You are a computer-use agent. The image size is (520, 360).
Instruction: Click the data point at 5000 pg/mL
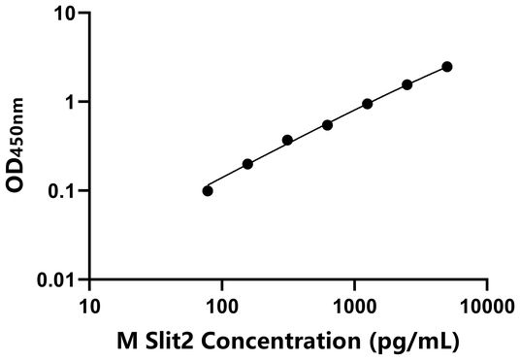coord(447,66)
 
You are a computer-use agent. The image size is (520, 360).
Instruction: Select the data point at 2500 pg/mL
coord(407,84)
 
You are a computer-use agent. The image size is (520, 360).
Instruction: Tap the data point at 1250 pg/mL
coord(368,104)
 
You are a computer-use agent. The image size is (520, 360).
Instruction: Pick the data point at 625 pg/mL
coord(328,124)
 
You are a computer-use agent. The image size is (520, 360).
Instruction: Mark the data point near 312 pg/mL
coord(287,140)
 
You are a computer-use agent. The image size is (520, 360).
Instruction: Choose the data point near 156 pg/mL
coord(247,164)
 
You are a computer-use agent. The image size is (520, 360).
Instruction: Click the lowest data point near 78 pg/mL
coord(208,190)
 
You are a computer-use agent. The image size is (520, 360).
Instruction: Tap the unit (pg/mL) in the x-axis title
coord(406,342)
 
